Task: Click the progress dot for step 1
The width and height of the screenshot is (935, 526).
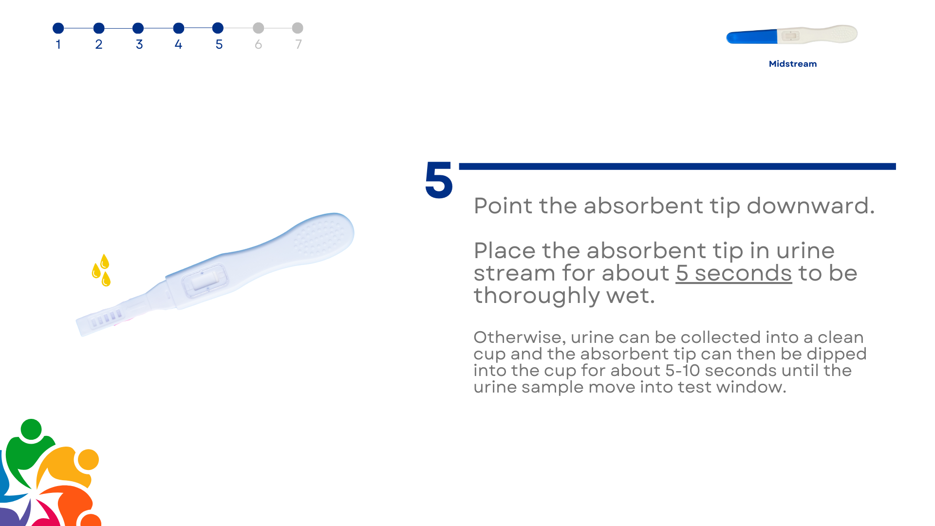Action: point(58,28)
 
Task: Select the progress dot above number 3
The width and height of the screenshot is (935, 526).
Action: point(138,28)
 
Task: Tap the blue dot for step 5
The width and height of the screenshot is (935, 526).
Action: point(218,28)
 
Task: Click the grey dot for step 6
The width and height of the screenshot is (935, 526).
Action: point(259,28)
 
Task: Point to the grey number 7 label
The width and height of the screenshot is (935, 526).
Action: point(299,44)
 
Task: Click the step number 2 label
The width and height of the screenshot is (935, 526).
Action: point(99,44)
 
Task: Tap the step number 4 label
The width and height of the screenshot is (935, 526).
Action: point(179,44)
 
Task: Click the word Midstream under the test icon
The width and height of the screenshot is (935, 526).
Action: point(793,64)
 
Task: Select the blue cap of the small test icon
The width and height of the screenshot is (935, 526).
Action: point(752,37)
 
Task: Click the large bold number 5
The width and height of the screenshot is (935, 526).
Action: point(439,180)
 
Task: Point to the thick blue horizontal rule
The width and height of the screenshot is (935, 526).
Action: point(677,167)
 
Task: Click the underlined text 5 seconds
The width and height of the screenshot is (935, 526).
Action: point(734,273)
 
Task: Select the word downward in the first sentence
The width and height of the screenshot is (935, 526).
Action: point(811,206)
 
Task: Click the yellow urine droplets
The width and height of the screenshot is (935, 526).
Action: point(101,270)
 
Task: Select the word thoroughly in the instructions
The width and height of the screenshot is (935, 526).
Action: point(537,295)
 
